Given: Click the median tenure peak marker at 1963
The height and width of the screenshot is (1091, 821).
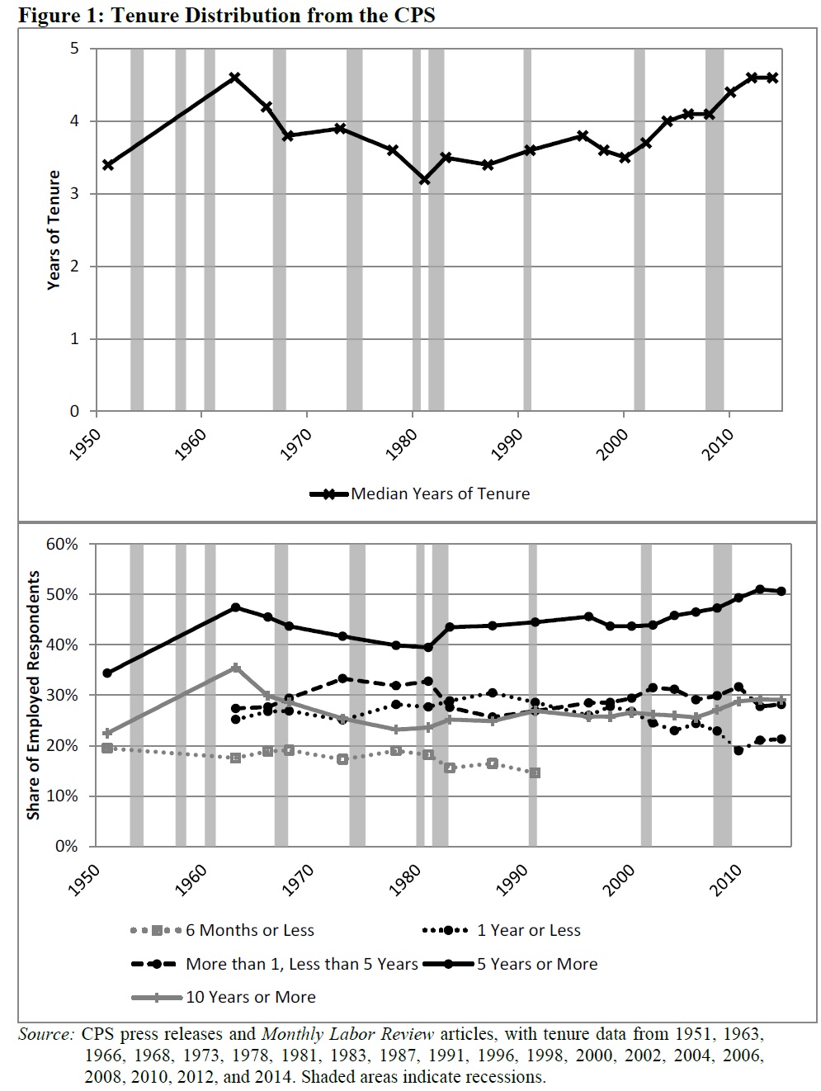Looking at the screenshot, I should coord(234,77).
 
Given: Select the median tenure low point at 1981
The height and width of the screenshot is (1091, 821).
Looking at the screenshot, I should coord(424,179).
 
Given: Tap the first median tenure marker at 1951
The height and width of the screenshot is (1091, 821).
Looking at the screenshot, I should coord(108,165).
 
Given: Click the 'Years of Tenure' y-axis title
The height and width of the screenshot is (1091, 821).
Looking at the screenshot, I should coord(54,229).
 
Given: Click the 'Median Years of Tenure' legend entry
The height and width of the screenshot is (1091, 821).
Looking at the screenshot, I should coord(440,494).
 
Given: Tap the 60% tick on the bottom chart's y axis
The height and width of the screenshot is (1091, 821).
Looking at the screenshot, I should coord(62,544).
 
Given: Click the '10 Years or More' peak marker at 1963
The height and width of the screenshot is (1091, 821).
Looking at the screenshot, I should coord(235,667).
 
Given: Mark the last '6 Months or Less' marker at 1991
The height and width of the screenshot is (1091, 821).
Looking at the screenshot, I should coord(535,772).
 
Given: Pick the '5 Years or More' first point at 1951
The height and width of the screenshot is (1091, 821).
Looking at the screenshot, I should coord(107,673).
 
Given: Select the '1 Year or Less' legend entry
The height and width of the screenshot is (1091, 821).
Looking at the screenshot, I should coord(528,930).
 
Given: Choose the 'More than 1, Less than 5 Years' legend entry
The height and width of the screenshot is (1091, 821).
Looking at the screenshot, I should coord(301,964).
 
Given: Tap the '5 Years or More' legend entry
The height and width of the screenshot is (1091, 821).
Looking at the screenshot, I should coord(536,964).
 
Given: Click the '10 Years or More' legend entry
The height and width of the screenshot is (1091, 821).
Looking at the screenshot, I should coord(250,997).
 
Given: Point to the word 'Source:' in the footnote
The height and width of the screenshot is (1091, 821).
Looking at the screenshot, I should coord(47,1033).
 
